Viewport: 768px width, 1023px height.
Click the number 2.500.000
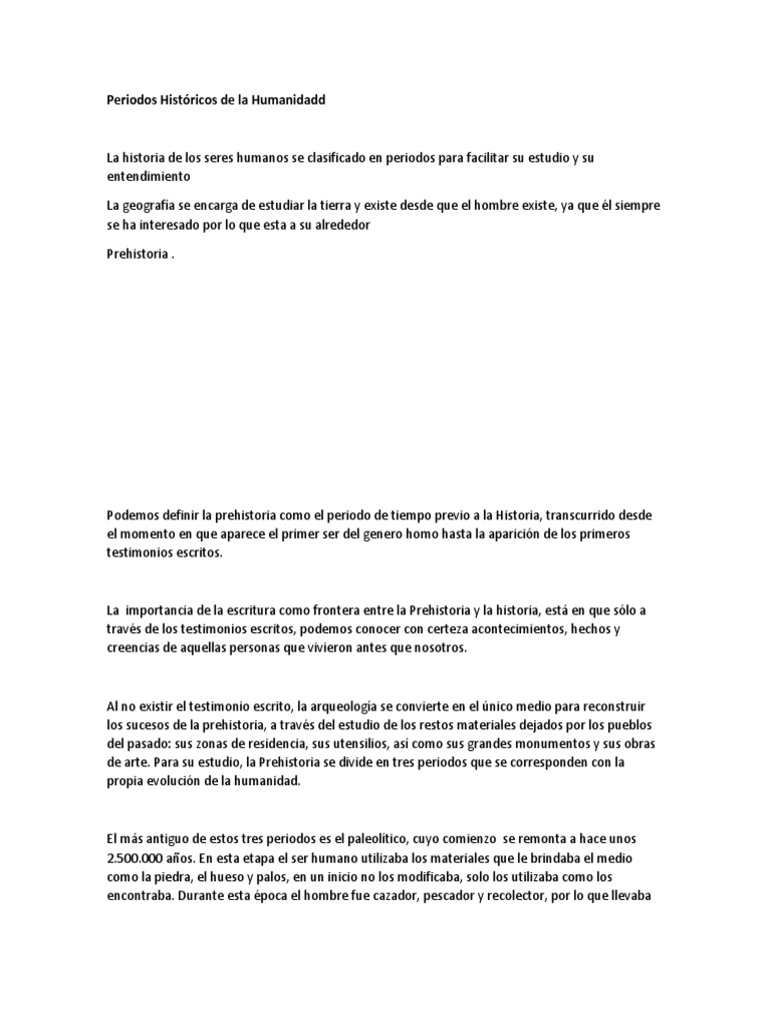pyautogui.click(x=141, y=859)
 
